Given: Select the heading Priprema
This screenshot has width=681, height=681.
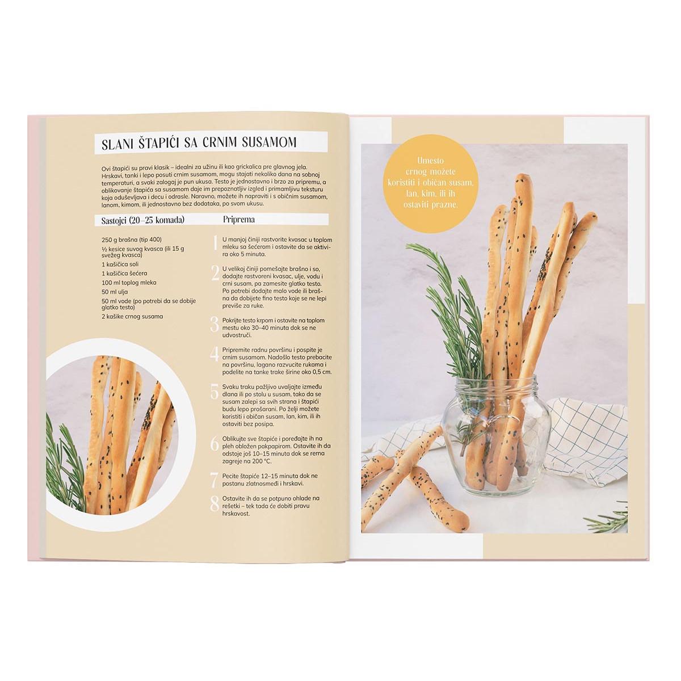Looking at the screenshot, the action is (239, 220).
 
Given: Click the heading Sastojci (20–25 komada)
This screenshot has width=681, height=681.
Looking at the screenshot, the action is (143, 220).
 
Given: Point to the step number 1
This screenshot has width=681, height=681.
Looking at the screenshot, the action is (215, 243).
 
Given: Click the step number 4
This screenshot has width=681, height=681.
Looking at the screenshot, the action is (215, 354).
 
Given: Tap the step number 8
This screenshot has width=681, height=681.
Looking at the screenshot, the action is (215, 505).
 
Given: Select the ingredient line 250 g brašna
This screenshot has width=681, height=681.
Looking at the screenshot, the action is (132, 239).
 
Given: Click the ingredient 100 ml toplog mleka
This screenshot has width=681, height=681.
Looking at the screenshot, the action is (129, 283).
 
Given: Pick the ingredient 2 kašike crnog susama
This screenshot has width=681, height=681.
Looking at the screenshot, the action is (132, 316).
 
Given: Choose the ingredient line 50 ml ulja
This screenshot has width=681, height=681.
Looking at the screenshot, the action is (115, 292).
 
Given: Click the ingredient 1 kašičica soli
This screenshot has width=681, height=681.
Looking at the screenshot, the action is (120, 264).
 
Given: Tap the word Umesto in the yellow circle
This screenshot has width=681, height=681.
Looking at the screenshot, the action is (430, 161).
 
